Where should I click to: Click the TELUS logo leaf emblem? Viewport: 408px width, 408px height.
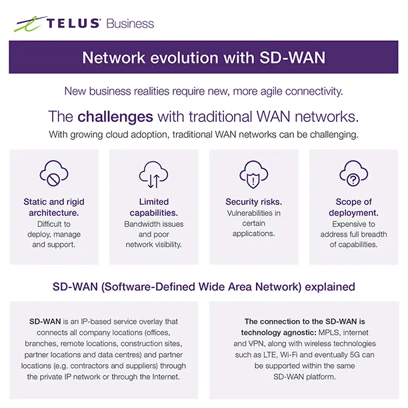(x=28, y=24)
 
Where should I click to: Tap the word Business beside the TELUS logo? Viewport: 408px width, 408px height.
(x=129, y=24)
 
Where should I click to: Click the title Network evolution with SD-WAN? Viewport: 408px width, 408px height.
(x=203, y=57)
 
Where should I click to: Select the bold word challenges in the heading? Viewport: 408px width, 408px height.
(x=115, y=117)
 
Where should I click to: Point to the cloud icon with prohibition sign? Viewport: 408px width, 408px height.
(x=54, y=174)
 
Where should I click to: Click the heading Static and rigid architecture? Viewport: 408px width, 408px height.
(x=54, y=207)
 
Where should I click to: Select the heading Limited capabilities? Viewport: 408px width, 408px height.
(x=153, y=207)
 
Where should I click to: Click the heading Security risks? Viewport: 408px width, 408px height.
(x=253, y=201)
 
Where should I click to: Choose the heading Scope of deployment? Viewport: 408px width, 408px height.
(x=353, y=207)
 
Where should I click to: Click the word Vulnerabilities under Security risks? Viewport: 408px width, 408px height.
(x=253, y=213)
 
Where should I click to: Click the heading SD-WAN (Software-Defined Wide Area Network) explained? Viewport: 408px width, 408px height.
(x=203, y=287)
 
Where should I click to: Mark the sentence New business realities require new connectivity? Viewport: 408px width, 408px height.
(x=203, y=91)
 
